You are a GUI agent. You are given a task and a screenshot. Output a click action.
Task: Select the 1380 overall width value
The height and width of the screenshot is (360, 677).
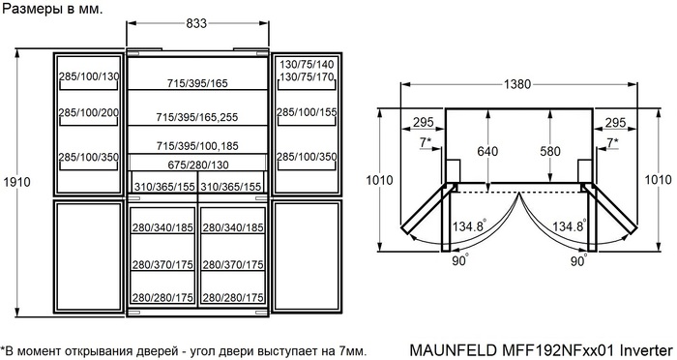click(517, 85)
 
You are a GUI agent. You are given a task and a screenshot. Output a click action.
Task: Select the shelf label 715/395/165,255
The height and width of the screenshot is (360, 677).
click(197, 116)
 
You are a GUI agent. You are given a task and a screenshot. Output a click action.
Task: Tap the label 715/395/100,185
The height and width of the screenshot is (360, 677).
click(197, 145)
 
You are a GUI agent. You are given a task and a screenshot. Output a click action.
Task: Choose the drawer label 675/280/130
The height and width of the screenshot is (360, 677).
click(197, 165)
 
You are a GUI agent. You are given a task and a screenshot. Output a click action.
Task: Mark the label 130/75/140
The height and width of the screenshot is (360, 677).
click(307, 64)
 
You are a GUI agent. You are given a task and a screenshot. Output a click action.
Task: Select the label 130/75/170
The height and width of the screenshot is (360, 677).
click(307, 76)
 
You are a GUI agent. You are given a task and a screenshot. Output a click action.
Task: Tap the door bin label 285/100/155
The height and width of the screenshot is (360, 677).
click(307, 113)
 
